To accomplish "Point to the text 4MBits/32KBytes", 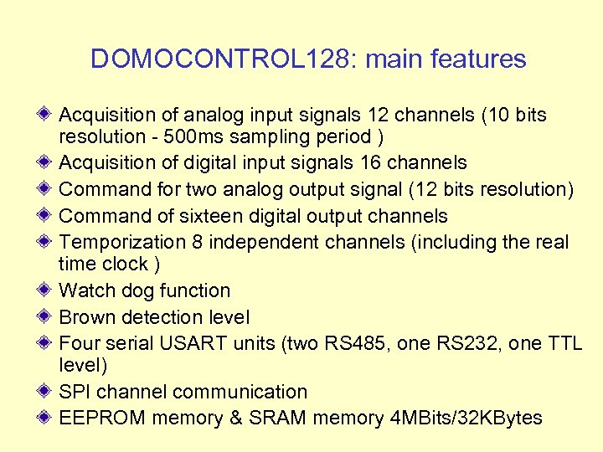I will point(466,419).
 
